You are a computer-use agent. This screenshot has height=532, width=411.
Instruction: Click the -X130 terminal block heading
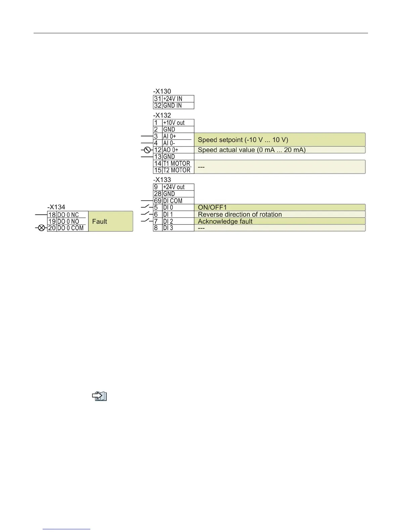point(162,91)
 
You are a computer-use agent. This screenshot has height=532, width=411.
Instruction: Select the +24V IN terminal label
point(173,99)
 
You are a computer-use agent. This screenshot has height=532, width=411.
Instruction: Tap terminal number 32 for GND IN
point(157,105)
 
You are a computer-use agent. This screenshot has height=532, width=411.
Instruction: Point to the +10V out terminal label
point(174,123)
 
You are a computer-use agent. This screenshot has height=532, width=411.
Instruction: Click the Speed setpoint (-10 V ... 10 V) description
point(243,140)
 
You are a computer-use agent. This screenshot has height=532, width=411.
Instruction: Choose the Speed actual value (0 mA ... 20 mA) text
point(252,150)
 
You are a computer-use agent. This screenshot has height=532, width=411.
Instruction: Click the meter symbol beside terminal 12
point(147,150)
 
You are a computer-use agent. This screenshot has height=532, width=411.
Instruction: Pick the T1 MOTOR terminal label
point(177,164)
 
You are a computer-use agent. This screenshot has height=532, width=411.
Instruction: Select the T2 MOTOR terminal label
point(177,170)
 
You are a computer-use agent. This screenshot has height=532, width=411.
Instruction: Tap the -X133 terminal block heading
point(162,180)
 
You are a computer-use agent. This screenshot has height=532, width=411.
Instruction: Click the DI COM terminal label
point(173,201)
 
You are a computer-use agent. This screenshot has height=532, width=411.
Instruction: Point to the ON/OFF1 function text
point(212,208)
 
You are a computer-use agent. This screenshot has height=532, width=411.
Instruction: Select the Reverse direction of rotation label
point(240,214)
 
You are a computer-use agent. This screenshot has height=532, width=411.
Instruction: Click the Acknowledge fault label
point(225,221)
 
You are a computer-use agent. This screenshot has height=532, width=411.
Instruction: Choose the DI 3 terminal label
point(168,228)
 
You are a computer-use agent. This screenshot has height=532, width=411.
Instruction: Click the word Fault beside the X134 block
point(99,221)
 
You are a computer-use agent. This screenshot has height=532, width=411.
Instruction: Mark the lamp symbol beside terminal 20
point(41,228)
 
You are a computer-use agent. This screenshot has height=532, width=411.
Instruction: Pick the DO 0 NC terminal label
point(68,215)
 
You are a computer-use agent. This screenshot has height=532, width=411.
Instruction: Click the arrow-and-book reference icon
point(99,396)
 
